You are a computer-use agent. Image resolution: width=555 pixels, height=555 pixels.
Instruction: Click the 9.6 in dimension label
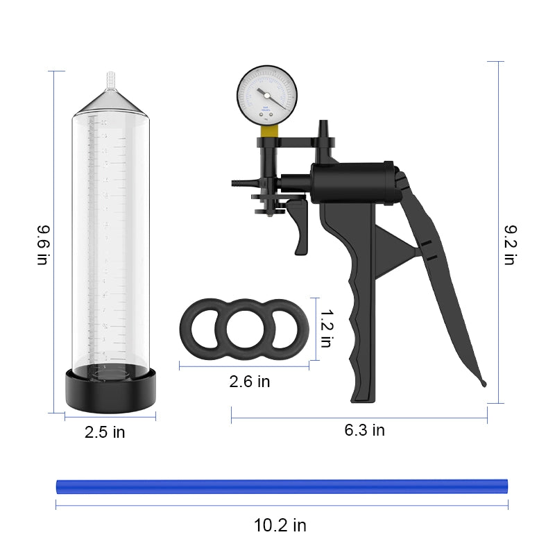coord(42,244)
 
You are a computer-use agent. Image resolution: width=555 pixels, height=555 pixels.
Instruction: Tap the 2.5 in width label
coord(105,432)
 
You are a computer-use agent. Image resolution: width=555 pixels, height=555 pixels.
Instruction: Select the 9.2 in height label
coord(510,244)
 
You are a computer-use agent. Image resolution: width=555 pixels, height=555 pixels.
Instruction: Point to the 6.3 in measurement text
coord(364,430)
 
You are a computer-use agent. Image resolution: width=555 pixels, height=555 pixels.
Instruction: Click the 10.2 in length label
coord(280,525)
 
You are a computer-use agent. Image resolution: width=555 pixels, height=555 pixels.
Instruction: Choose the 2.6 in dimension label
coord(250,382)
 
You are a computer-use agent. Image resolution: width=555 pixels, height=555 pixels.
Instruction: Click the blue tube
coord(281,485)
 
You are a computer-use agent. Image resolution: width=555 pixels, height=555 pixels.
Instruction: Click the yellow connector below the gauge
coord(269,130)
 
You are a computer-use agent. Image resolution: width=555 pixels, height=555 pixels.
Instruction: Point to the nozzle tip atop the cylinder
coord(108,79)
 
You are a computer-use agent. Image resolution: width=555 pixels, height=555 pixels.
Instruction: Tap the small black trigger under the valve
coord(299,225)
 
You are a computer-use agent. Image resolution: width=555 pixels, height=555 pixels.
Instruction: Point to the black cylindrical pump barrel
coord(350,182)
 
